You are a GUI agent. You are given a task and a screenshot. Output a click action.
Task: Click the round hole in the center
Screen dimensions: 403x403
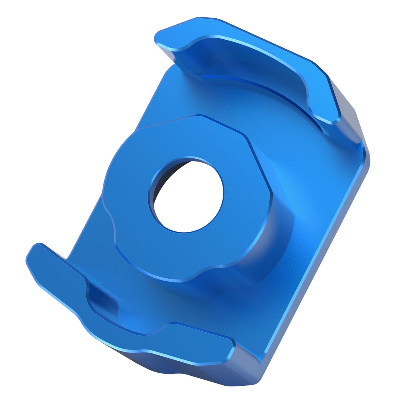188,198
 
